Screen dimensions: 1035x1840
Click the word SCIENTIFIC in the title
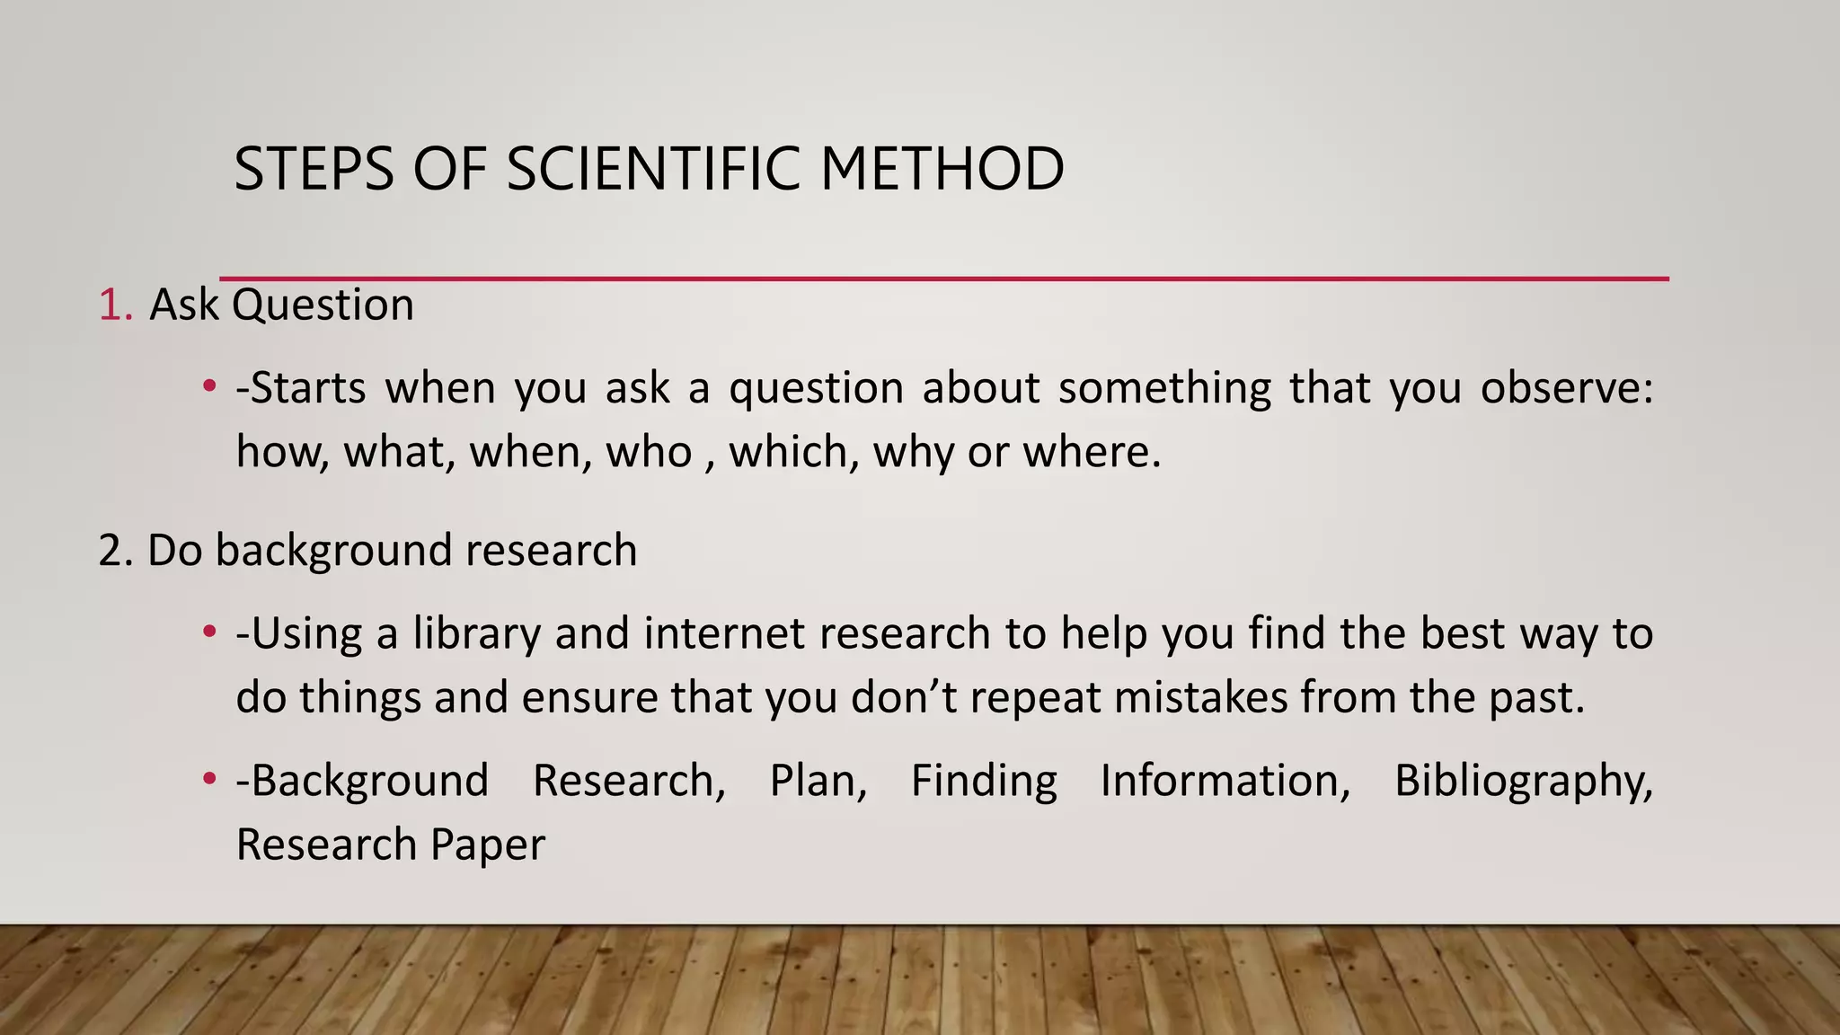(x=653, y=169)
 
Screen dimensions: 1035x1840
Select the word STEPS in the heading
(x=314, y=169)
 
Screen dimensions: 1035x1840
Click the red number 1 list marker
(x=111, y=305)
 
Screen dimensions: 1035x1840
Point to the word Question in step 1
(x=323, y=305)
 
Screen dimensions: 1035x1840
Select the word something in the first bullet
(x=1164, y=388)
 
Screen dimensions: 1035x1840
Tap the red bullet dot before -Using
(x=209, y=632)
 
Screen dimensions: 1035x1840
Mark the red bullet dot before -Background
(x=209, y=779)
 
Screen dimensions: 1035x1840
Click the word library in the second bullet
(x=476, y=633)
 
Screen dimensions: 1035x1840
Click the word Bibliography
(x=1522, y=781)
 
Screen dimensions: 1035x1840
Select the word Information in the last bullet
(x=1225, y=780)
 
